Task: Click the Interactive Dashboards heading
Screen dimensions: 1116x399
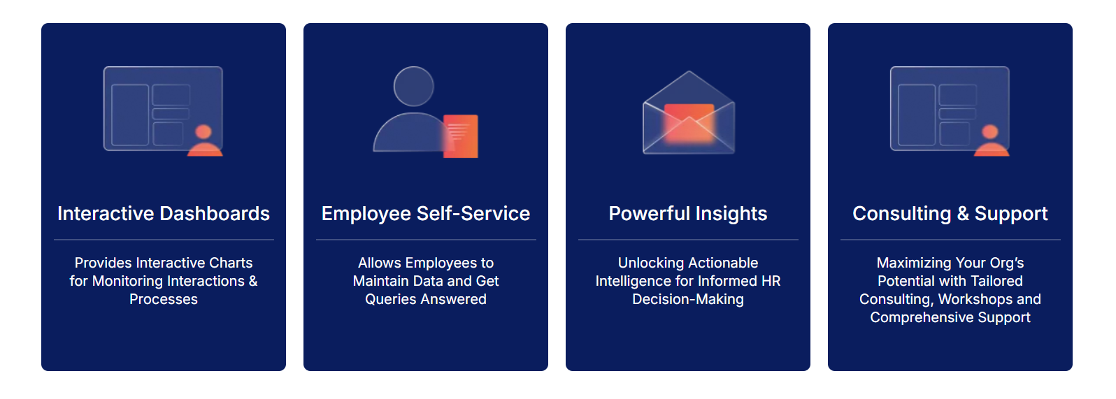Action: pyautogui.click(x=164, y=214)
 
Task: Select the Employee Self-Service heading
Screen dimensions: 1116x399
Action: pyautogui.click(x=425, y=214)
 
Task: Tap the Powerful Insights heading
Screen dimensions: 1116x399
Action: pyautogui.click(x=688, y=214)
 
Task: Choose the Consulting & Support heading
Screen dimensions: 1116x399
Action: pyautogui.click(x=950, y=214)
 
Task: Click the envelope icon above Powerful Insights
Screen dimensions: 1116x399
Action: pyautogui.click(x=689, y=113)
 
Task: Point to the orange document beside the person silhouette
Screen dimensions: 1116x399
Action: pyautogui.click(x=460, y=136)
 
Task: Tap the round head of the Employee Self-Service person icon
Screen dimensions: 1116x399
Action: pyautogui.click(x=413, y=86)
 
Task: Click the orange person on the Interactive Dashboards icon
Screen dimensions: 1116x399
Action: pyautogui.click(x=204, y=140)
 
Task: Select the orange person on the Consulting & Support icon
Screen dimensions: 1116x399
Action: pyautogui.click(x=991, y=140)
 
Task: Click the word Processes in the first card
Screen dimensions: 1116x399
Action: pyautogui.click(x=164, y=299)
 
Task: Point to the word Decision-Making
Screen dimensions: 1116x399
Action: pyautogui.click(x=688, y=299)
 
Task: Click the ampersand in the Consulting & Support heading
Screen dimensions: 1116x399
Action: pyautogui.click(x=963, y=214)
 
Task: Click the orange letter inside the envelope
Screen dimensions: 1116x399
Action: pyautogui.click(x=689, y=123)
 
